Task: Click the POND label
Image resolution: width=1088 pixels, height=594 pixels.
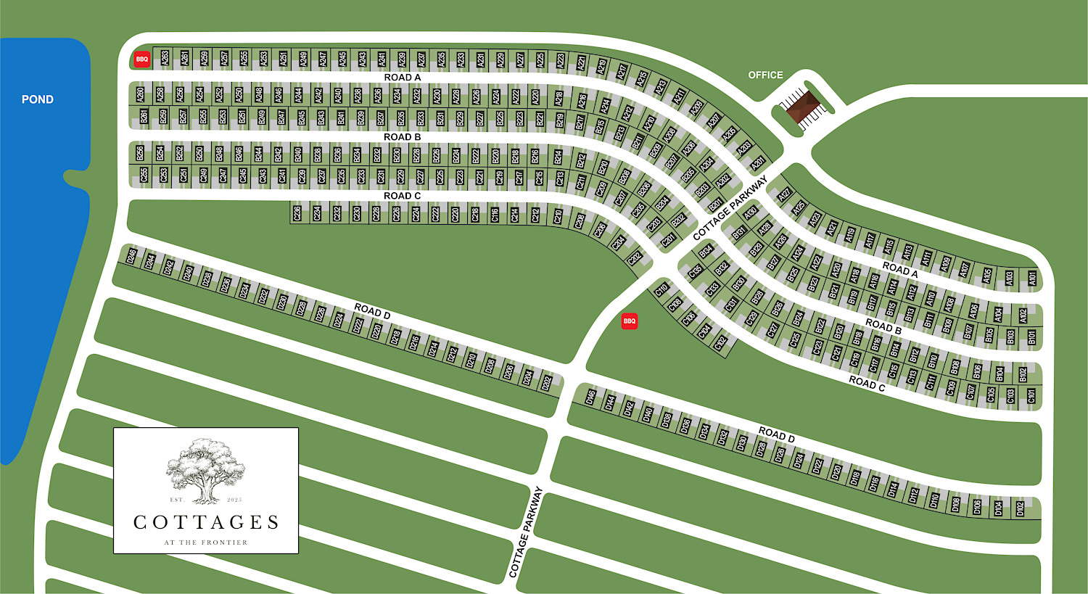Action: [x=38, y=99]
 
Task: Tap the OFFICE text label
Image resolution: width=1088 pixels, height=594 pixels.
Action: [x=765, y=75]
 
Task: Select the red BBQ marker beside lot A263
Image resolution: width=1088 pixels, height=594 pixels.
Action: [x=142, y=59]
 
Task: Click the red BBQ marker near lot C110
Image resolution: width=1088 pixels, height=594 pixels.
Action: [x=630, y=321]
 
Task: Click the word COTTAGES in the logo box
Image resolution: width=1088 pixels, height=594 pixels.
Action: [x=206, y=522]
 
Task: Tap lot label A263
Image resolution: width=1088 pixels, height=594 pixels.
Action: [x=165, y=57]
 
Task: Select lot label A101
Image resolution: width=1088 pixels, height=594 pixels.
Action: [x=1032, y=278]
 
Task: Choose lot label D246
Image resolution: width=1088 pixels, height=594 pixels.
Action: [x=131, y=256]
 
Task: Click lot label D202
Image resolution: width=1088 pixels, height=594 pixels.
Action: [x=548, y=383]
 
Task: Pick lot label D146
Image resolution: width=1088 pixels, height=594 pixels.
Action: [x=590, y=397]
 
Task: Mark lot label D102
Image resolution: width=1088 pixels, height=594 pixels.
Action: [x=1021, y=509]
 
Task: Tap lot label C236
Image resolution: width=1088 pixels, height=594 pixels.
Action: [x=297, y=213]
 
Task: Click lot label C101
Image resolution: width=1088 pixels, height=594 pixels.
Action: [x=1031, y=396]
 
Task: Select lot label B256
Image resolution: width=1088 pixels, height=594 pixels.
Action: [x=140, y=153]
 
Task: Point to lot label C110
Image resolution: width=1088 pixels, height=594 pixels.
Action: [x=662, y=290]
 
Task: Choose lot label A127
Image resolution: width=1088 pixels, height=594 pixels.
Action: [x=783, y=195]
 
